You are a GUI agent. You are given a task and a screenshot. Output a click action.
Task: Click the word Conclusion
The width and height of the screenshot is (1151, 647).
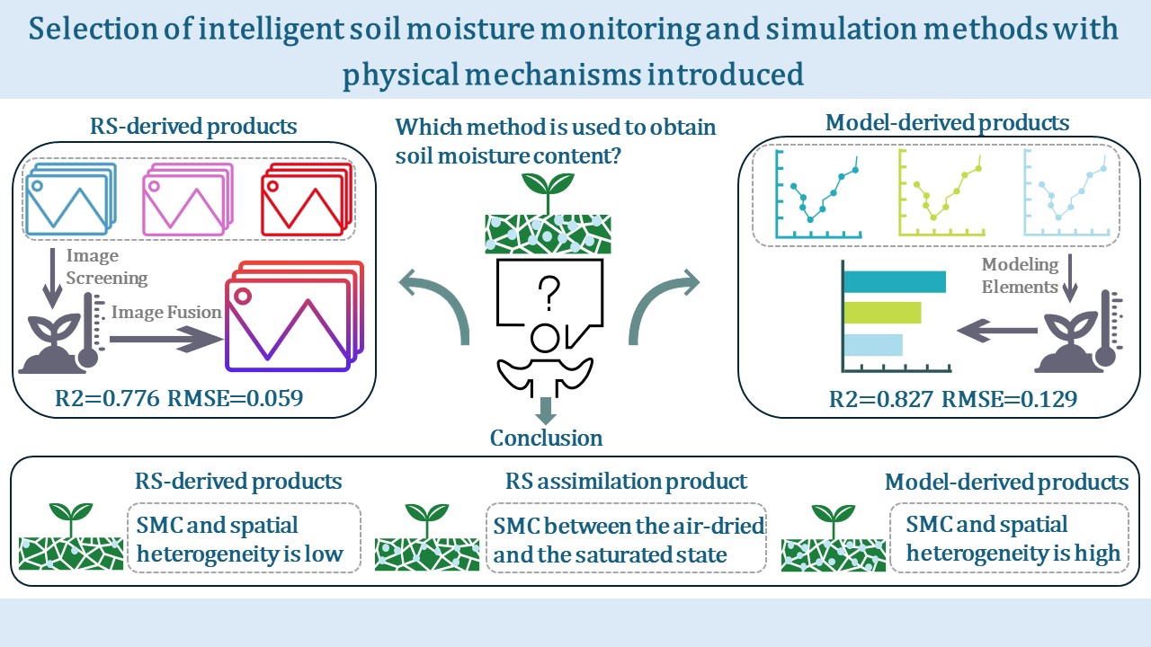[x=546, y=438]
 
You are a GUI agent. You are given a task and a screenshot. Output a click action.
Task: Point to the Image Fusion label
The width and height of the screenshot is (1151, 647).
[x=167, y=313]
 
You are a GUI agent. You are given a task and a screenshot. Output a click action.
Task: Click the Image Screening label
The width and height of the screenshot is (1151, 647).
[x=106, y=266]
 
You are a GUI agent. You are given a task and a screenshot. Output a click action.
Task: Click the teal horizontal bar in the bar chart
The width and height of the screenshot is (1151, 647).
[x=895, y=282]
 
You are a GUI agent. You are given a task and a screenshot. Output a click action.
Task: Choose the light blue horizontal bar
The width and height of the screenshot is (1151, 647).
[x=873, y=344]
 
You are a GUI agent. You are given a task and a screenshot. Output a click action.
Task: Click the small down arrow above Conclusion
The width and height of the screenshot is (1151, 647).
[x=545, y=412]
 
